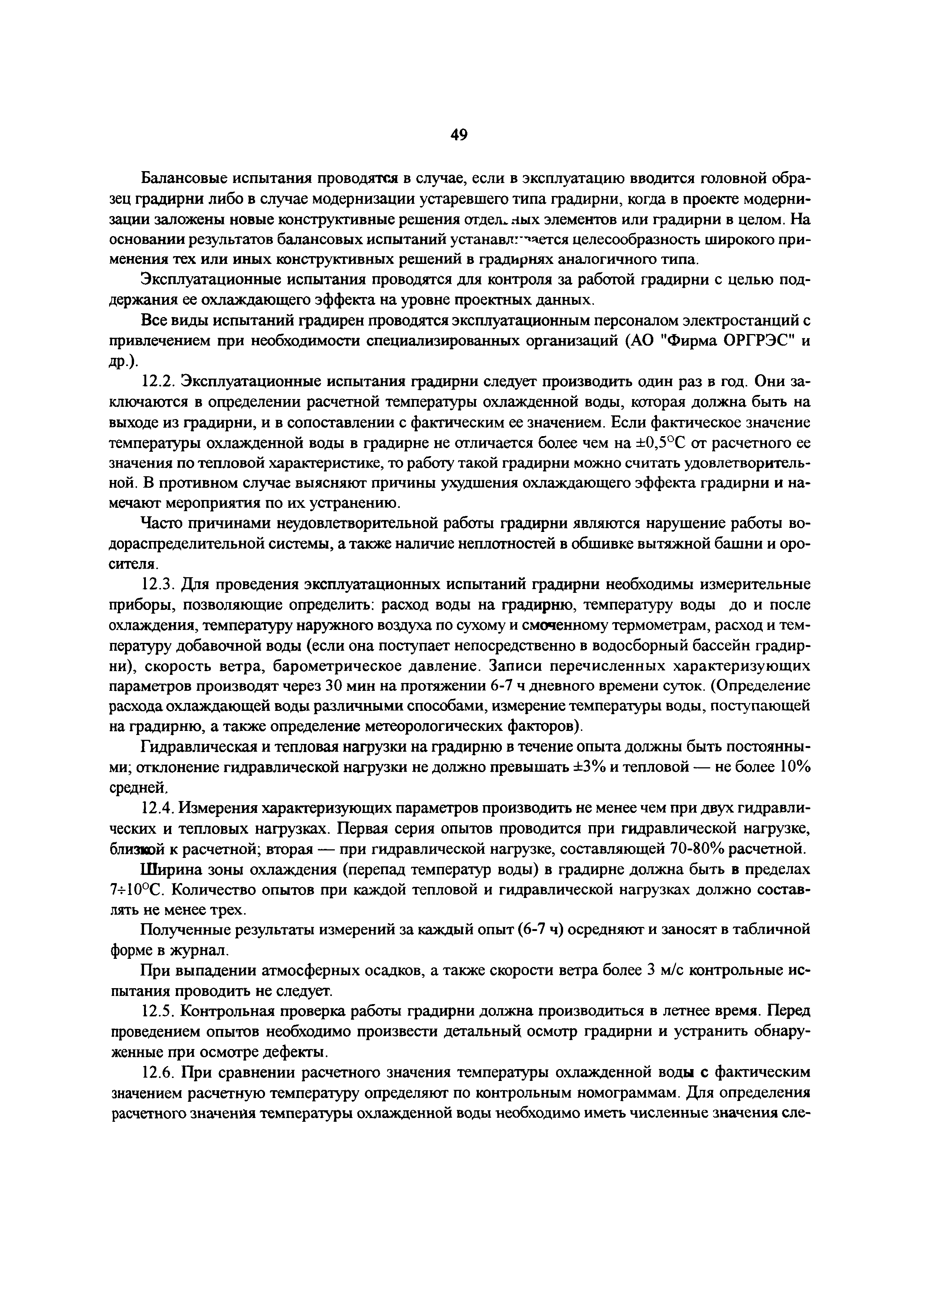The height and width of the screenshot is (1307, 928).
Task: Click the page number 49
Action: click(x=459, y=135)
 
